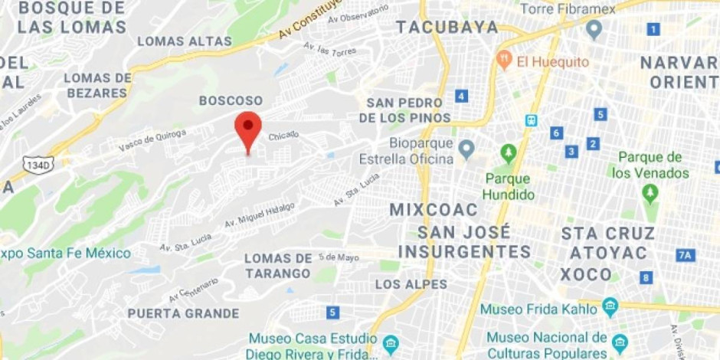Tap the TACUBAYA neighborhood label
(447, 28)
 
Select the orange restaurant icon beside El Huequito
(504, 60)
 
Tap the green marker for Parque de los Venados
(650, 191)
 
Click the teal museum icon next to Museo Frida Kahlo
(610, 307)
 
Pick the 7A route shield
(685, 255)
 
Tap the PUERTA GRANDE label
(183, 313)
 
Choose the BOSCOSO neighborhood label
(231, 100)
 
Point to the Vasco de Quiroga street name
(152, 140)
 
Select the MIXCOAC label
(433, 209)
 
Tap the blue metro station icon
(532, 120)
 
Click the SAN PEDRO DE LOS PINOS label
(405, 110)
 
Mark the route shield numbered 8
(647, 277)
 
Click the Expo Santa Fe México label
(65, 254)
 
